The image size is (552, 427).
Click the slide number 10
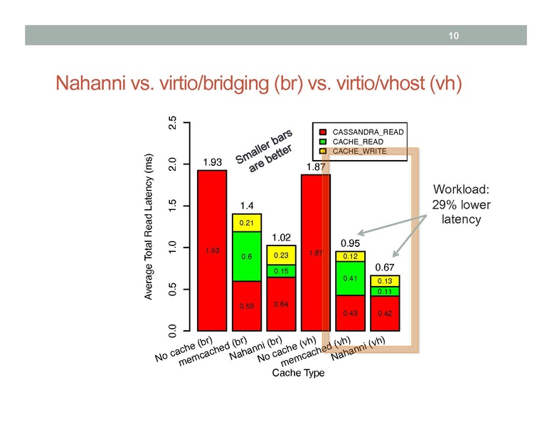coord(451,36)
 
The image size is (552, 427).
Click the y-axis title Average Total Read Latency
coord(149,226)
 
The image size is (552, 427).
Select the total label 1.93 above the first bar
coord(212,163)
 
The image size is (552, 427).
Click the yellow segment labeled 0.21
coord(247,223)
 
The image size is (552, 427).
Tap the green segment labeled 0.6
coord(247,257)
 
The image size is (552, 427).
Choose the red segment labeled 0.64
coord(282,305)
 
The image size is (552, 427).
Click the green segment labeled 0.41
coord(350,278)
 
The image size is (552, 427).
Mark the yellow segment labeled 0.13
coord(385,281)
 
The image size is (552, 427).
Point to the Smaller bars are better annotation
coord(264,154)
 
